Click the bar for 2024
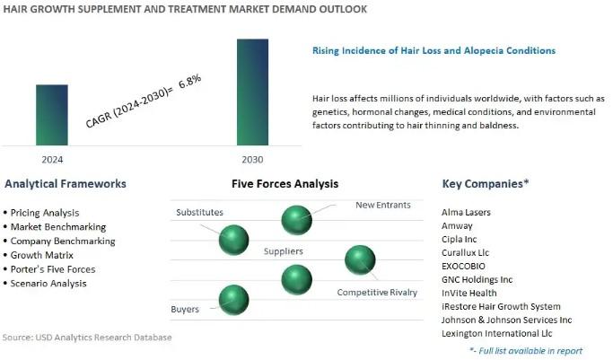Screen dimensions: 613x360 pos(52,115)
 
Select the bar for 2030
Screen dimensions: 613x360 pos(252,92)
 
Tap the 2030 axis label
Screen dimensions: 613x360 pos(252,160)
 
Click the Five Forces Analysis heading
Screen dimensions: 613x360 pos(285,184)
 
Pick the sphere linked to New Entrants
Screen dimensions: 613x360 pos(297,220)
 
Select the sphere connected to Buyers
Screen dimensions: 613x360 pos(233,300)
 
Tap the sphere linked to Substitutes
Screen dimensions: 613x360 pos(233,240)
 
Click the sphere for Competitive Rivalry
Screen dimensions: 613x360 pos(360,260)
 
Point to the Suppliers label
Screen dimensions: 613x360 pos(284,251)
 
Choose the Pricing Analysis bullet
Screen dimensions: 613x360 pos(41,213)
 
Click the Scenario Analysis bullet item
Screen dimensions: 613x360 pos(45,284)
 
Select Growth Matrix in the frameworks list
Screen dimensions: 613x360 pos(39,255)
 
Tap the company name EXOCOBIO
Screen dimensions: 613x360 pos(463,267)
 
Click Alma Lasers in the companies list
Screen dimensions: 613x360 pos(466,212)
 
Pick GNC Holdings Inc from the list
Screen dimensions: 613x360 pos(477,279)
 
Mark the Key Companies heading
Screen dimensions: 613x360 pos(486,184)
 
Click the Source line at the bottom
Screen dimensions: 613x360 pos(87,338)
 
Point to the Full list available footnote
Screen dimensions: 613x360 pos(526,351)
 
